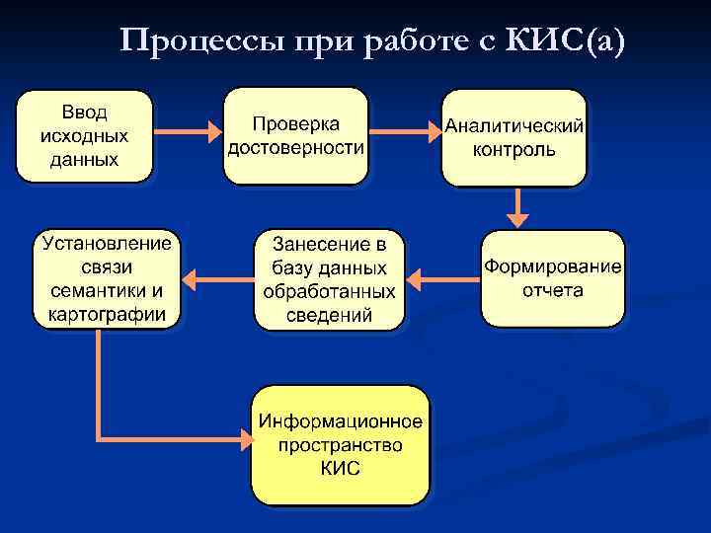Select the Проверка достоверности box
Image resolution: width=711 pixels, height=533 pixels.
coord(295,135)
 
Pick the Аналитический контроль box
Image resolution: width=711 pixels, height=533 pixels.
coord(513,137)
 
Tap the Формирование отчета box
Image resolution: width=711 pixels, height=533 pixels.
coord(552,278)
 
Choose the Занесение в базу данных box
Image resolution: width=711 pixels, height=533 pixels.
coord(329,279)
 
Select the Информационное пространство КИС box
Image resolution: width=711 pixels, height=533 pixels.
coord(341,445)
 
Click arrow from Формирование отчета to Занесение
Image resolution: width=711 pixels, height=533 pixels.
coord(442,279)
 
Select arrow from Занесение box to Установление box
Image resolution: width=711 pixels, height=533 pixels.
coord(218,279)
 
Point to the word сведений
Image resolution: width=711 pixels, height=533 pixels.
coord(329,316)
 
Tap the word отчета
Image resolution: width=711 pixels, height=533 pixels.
coord(553,290)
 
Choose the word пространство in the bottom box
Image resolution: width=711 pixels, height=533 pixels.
coord(341,445)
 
